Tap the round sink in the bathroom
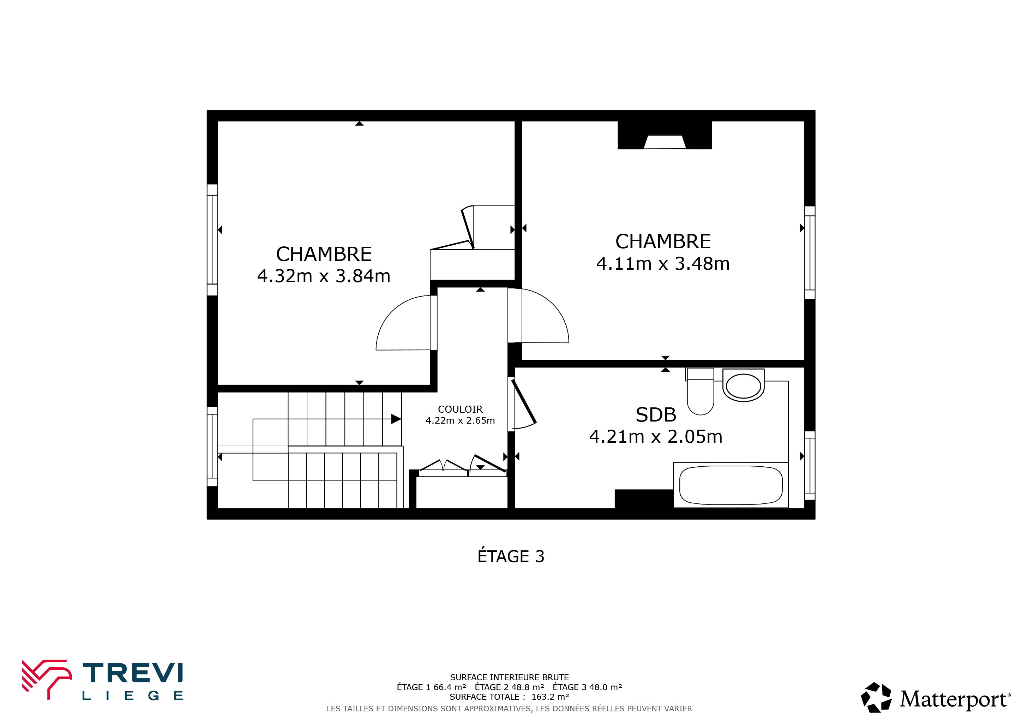743,386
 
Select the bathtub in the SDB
731,485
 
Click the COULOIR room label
460,409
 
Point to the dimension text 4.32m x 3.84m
324,276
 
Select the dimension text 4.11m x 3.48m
663,264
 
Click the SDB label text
656,415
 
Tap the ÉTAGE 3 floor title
511,556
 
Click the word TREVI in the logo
133,673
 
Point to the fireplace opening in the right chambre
665,142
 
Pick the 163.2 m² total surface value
550,697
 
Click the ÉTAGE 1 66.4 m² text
431,687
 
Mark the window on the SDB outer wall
810,465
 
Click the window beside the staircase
212,447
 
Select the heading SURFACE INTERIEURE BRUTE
509,677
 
